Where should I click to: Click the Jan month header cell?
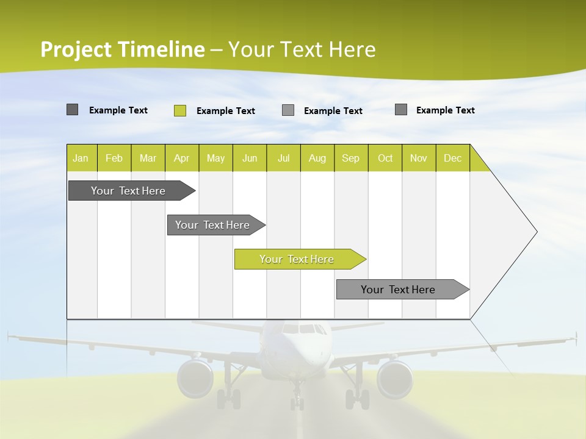81,158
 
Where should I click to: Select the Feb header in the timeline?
114,158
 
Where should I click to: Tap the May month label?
215,158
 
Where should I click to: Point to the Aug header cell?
317,158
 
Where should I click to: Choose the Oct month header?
385,158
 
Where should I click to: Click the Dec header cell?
452,158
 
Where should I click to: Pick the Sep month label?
350,158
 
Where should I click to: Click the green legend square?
180,110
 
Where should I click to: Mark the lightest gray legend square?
288,110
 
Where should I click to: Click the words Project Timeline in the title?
123,49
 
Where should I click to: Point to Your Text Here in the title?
302,49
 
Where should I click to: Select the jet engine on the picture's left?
195,378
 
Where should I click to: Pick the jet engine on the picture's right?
395,378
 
